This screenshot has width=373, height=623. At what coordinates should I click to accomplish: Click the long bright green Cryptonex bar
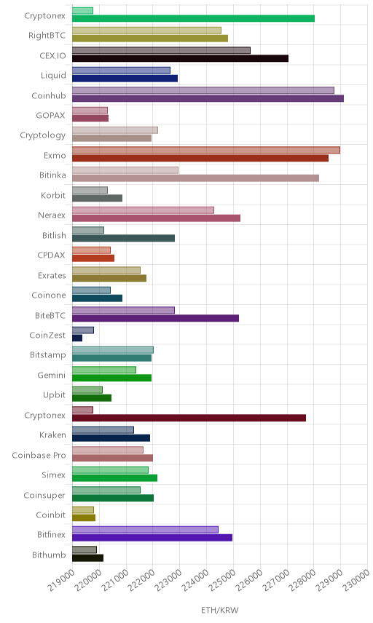(x=193, y=18)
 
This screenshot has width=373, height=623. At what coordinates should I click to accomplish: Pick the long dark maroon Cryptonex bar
(x=189, y=418)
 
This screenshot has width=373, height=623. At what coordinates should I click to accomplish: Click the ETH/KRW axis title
(x=219, y=611)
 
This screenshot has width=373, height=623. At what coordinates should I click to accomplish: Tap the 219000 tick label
(x=61, y=580)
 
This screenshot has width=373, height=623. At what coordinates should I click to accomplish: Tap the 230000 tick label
(x=357, y=580)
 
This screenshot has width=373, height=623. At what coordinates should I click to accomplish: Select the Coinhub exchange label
(x=49, y=96)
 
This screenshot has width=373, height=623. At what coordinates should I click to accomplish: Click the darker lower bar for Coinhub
(x=208, y=98)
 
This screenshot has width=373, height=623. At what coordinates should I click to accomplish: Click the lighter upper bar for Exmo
(x=206, y=150)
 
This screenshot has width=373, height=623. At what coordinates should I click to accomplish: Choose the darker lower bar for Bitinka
(x=196, y=178)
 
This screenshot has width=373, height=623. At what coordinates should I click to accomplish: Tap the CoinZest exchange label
(x=47, y=336)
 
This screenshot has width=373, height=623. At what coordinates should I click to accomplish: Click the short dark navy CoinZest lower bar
(x=77, y=338)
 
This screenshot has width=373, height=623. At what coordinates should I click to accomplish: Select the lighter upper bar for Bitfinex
(x=145, y=530)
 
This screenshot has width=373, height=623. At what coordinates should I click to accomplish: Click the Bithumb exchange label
(x=49, y=555)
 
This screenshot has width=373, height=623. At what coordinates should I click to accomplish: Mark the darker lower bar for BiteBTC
(x=155, y=318)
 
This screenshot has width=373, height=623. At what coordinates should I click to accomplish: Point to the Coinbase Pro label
(x=39, y=456)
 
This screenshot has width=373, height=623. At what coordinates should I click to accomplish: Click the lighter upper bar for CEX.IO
(x=162, y=50)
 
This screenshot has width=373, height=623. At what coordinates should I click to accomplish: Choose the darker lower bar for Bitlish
(x=123, y=238)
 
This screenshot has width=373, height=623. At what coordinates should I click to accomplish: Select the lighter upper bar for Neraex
(x=144, y=210)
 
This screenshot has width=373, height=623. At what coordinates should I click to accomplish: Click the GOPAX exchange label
(x=50, y=116)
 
